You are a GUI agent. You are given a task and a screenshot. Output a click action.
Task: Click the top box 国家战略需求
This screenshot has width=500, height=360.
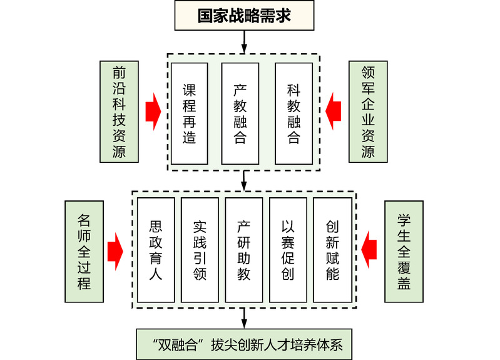click(x=244, y=16)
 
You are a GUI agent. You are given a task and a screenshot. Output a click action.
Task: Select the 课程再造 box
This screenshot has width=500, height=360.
click(x=189, y=113)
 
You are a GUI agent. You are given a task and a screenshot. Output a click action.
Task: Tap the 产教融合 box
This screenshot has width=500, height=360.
click(x=240, y=113)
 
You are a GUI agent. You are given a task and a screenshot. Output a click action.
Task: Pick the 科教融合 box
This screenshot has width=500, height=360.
click(x=293, y=113)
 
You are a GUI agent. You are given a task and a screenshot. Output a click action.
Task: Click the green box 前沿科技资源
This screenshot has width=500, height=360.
click(x=119, y=111)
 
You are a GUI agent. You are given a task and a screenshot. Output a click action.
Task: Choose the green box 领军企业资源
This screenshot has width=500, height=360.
click(x=368, y=111)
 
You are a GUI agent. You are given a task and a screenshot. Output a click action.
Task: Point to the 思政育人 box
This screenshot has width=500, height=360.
click(x=156, y=249)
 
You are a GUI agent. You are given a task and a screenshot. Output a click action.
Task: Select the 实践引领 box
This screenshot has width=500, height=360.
click(x=200, y=249)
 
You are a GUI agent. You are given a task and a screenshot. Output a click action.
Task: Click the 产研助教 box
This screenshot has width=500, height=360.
click(x=244, y=249)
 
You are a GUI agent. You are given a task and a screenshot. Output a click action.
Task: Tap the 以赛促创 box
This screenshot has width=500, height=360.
click(x=288, y=249)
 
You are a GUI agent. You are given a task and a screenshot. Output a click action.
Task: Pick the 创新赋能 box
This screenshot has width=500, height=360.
click(x=332, y=249)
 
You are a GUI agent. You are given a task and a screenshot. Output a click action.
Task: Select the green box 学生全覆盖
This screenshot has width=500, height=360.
click(x=404, y=251)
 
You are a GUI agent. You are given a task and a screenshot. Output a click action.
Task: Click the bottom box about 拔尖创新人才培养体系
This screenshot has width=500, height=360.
click(x=244, y=344)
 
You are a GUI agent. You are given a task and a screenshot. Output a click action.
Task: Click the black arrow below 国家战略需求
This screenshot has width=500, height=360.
click(x=244, y=41)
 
